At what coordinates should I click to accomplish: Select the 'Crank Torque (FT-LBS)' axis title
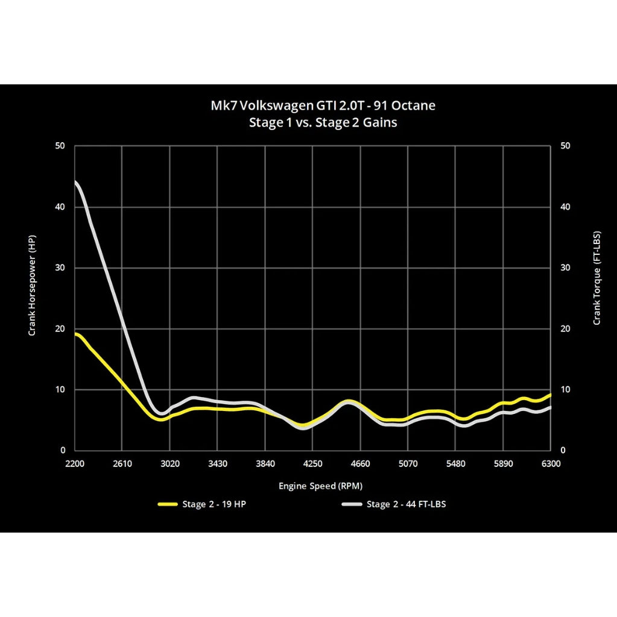(597, 278)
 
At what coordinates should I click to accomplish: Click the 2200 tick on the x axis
(75, 463)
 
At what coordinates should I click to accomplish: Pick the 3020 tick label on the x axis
(169, 463)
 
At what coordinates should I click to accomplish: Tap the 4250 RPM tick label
(312, 463)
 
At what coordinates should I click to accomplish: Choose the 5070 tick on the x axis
(408, 463)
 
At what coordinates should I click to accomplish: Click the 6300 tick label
(551, 463)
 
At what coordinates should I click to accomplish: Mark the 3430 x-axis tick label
(217, 463)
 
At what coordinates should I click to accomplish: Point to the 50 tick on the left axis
(60, 146)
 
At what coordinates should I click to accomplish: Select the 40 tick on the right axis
(566, 207)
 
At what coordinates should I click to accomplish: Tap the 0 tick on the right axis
(564, 451)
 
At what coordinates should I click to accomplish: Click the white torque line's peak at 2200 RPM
(76, 181)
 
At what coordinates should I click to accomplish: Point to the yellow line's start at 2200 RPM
(76, 334)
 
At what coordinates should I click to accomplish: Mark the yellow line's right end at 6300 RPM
(549, 395)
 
